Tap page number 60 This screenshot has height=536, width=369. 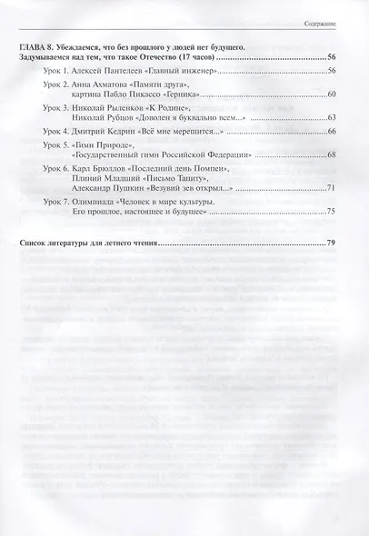coord(332,94)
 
